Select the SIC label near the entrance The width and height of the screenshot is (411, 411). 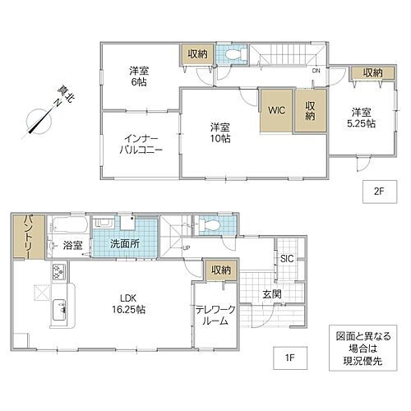coord(287,259)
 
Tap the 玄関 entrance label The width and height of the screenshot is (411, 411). coord(272,294)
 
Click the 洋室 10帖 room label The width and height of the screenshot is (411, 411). coord(219,132)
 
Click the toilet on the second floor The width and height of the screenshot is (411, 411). coord(234,55)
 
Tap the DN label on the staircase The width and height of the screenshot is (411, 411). coord(315,71)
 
